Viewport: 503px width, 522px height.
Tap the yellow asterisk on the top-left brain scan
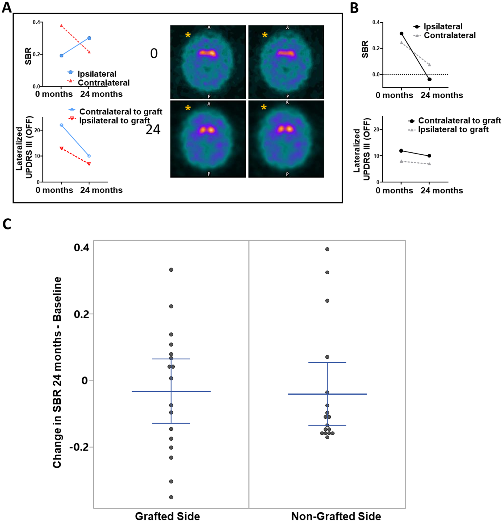tap(188, 35)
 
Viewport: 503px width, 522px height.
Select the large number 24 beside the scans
tap(153, 130)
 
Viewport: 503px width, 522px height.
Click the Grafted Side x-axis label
tap(167, 516)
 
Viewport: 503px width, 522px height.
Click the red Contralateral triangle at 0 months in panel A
tap(61, 26)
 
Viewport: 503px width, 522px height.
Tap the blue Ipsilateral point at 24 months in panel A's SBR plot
tap(89, 38)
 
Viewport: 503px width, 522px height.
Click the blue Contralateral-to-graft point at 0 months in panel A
tap(62, 125)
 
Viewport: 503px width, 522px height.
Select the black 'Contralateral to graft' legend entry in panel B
tap(454, 121)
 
